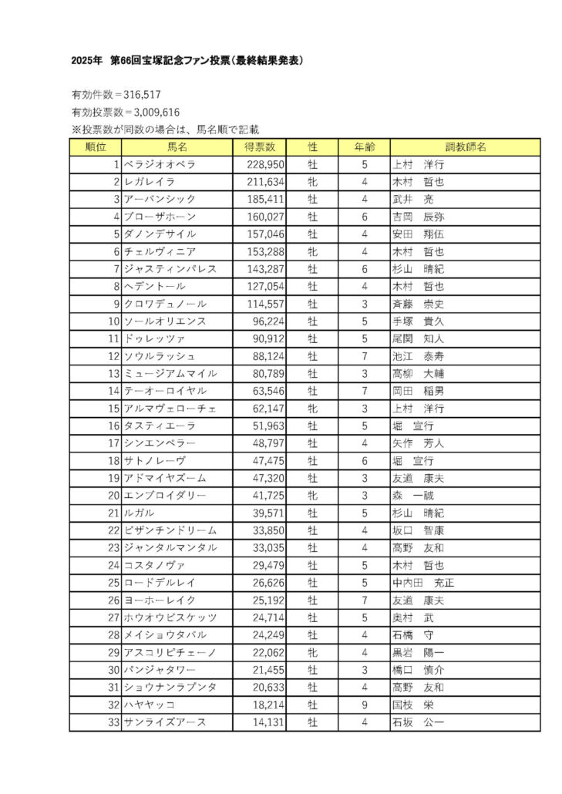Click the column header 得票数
[x=260, y=146]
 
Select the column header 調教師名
[x=465, y=146]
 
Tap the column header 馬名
[x=177, y=146]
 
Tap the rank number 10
[x=113, y=321]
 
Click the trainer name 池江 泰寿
[x=419, y=356]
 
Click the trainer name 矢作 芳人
[x=419, y=443]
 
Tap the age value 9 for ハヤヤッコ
[x=364, y=705]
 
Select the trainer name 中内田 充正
[x=423, y=583]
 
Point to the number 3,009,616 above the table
[x=152, y=112]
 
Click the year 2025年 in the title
[x=86, y=60]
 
